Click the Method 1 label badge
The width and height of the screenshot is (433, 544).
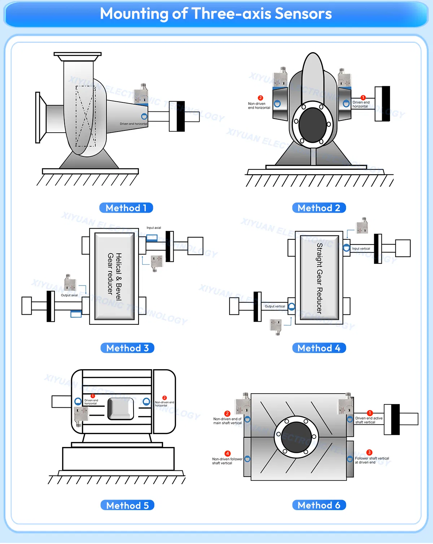[126, 208]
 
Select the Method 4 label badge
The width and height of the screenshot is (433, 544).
[319, 348]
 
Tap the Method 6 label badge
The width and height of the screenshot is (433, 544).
[319, 505]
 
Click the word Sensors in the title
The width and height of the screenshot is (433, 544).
[303, 14]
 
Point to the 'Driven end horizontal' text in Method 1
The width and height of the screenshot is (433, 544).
[134, 124]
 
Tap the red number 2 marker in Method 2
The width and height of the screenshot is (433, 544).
[260, 98]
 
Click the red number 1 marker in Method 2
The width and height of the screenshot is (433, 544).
[363, 97]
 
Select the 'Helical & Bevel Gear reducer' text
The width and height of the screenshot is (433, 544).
[114, 277]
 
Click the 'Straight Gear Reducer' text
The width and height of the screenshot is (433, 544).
[319, 278]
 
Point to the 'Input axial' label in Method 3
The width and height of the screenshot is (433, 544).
[154, 228]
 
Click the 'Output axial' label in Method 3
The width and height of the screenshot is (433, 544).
[69, 295]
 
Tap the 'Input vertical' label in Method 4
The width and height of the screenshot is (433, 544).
[361, 248]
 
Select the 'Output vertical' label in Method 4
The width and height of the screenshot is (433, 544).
[275, 306]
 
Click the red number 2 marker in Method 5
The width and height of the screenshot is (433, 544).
[165, 398]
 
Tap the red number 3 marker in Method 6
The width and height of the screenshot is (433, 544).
[369, 452]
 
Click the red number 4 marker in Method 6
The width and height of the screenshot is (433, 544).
[227, 454]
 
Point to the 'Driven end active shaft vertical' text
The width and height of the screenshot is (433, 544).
[368, 420]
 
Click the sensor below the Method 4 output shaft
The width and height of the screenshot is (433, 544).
[276, 326]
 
